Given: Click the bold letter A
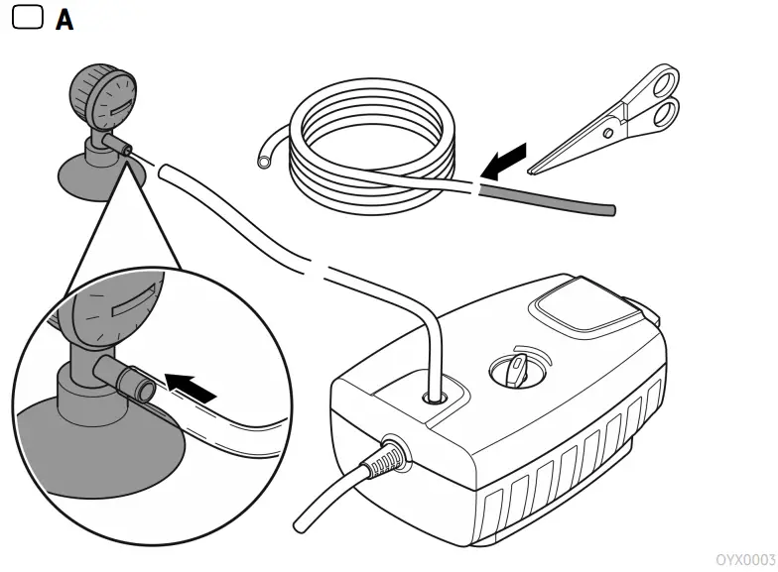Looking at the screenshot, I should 64,19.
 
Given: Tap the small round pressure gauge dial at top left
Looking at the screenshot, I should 102,98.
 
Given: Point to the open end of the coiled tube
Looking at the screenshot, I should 263,157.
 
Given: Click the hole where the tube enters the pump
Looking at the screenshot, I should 435,396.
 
